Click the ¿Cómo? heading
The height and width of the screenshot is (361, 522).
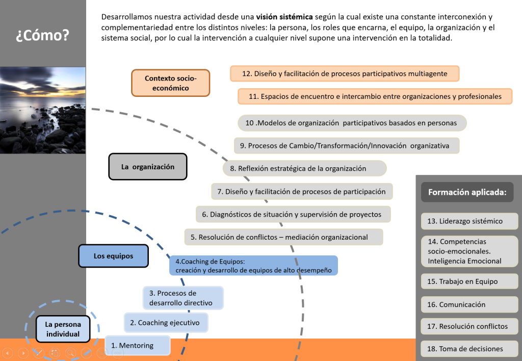click(x=42, y=36)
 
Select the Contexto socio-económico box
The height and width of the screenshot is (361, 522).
click(x=170, y=83)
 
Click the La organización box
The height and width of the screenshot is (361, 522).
click(x=148, y=167)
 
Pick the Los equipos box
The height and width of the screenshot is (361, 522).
click(x=113, y=256)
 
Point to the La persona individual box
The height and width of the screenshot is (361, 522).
click(x=63, y=329)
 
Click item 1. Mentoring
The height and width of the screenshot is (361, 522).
click(x=138, y=345)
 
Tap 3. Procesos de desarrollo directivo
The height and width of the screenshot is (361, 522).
click(x=183, y=298)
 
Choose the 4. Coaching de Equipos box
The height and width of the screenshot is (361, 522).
click(x=253, y=266)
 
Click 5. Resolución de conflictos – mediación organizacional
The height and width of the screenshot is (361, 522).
click(x=283, y=237)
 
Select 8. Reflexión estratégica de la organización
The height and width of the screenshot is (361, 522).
click(x=304, y=168)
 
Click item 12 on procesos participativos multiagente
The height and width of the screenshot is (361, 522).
click(x=345, y=73)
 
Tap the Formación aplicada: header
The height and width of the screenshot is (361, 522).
click(x=467, y=192)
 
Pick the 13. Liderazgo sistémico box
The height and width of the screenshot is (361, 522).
click(x=469, y=221)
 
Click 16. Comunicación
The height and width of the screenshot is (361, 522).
click(x=469, y=304)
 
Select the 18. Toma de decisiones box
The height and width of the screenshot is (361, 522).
click(x=469, y=349)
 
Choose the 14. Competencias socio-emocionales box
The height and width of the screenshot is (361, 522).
click(x=469, y=251)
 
